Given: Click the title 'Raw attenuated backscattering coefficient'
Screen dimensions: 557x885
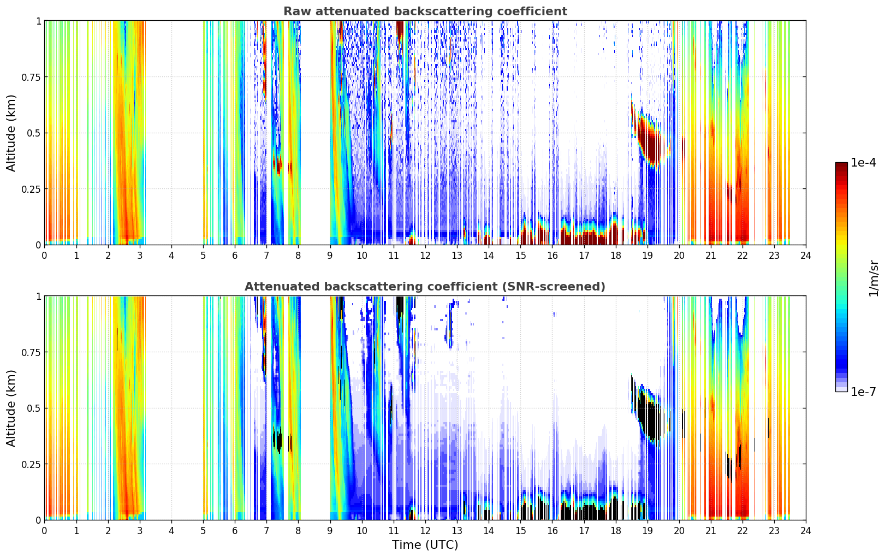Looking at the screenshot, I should point(425,11).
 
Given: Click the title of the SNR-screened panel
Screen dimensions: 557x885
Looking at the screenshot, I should point(425,287).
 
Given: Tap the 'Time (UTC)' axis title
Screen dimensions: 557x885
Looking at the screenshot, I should point(425,545).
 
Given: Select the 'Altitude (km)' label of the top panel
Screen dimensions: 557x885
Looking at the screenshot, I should point(11,133).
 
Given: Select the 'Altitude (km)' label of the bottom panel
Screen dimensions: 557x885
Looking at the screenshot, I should point(11,408).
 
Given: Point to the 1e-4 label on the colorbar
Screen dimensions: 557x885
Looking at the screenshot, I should point(863,163).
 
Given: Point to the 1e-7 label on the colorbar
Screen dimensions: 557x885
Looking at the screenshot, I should point(863,392).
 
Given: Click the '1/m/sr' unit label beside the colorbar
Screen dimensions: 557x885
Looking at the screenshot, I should point(874,277).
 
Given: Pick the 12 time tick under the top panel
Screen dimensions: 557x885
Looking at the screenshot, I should point(425,255).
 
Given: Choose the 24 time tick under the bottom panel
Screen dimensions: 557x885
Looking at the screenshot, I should point(805,530).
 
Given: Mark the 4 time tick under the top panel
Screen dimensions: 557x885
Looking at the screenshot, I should point(171,255).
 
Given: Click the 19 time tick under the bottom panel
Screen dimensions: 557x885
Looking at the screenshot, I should point(647,530).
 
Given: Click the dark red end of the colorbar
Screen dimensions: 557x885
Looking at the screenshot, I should point(841,166).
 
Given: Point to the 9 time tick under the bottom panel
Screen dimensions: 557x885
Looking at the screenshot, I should point(330,530).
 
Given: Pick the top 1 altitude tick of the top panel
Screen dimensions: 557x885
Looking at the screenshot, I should point(38,21).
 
